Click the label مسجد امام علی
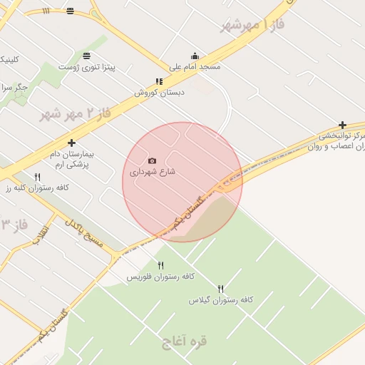[x=195, y=67]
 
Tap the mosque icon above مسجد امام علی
[x=195, y=56]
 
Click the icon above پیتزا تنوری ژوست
[x=87, y=56]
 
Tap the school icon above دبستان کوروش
[x=159, y=81]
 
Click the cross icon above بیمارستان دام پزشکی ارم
[x=71, y=143]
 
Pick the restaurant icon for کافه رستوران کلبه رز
[x=37, y=176]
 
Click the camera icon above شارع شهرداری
[x=152, y=161]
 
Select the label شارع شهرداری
[x=152, y=172]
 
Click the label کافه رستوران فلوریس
[x=160, y=276]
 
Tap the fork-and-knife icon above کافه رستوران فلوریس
[x=160, y=265]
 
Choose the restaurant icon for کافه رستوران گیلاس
[x=220, y=289]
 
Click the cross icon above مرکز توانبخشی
[x=343, y=125]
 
